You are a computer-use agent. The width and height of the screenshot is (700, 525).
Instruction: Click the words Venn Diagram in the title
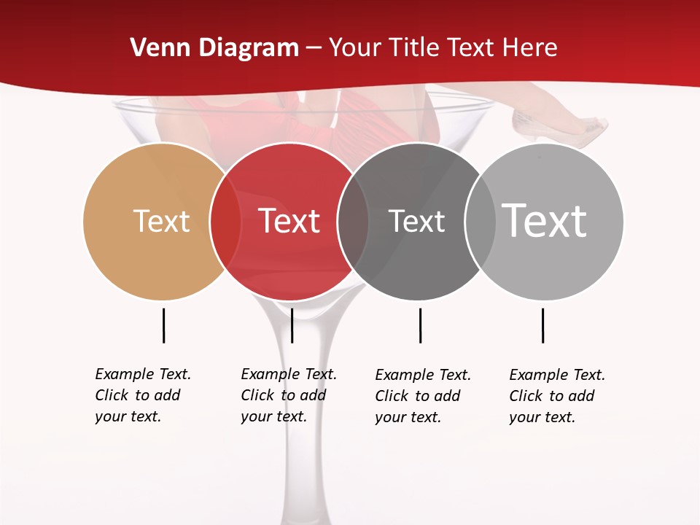[214, 48]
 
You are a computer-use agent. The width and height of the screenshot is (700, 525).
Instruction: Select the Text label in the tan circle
[161, 221]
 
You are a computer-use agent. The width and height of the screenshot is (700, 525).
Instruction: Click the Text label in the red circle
[289, 221]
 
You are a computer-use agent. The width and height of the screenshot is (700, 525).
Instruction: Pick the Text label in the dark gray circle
[416, 221]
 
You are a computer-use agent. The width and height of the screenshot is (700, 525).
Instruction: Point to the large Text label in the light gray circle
[545, 220]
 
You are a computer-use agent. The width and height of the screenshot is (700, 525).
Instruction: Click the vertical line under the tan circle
[163, 325]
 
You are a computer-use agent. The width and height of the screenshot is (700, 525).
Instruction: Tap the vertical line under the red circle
[292, 325]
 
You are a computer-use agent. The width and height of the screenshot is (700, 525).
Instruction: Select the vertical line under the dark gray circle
[420, 325]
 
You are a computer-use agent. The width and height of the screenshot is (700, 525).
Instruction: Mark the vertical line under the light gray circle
[542, 325]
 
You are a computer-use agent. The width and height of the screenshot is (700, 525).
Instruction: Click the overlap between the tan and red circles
[225, 221]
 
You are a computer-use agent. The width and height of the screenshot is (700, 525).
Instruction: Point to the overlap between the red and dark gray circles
[353, 221]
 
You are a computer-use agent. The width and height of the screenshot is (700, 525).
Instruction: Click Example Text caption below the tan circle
[143, 395]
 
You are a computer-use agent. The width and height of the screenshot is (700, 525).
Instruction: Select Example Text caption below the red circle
[289, 395]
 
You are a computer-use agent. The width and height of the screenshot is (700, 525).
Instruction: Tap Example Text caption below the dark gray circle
[423, 396]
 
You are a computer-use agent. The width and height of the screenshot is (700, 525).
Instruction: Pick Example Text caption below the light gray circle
[557, 396]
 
